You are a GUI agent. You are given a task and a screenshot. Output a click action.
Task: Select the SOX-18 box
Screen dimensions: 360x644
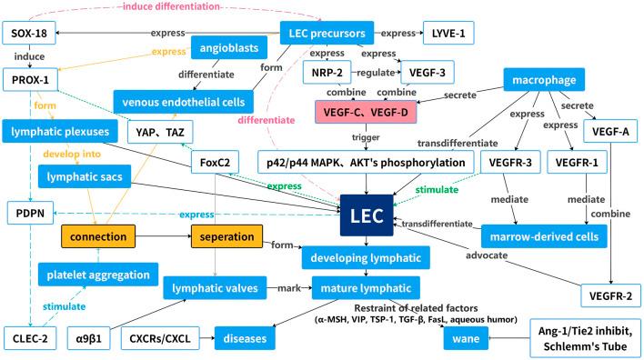coord(29,35)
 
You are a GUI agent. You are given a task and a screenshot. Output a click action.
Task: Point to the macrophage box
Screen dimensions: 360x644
coord(541,82)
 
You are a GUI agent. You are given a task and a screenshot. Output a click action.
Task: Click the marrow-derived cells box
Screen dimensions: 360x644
coord(543,236)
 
